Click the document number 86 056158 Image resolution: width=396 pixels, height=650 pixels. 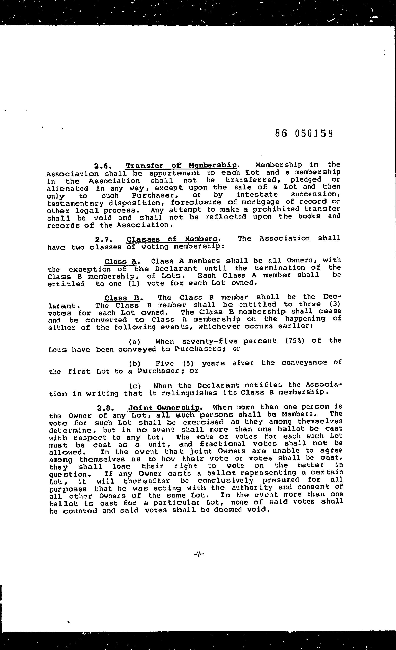click(304, 133)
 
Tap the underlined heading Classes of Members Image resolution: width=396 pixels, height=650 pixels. click(172, 239)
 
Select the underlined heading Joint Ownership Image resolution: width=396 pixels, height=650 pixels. click(164, 408)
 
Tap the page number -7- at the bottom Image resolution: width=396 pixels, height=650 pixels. click(199, 554)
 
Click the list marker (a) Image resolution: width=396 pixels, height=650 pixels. click(134, 342)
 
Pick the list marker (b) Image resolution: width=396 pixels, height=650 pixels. click(134, 364)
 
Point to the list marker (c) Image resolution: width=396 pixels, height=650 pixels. click(135, 386)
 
